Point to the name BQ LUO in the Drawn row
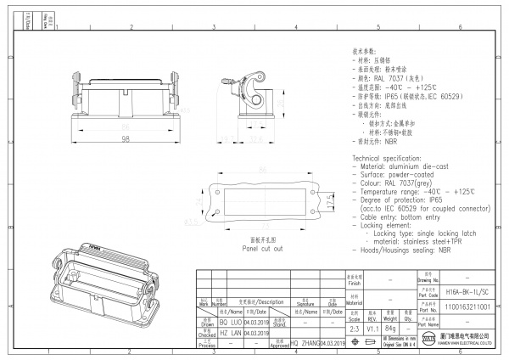[x=231, y=323]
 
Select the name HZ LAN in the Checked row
[x=231, y=333]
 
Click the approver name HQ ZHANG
[x=304, y=342]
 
